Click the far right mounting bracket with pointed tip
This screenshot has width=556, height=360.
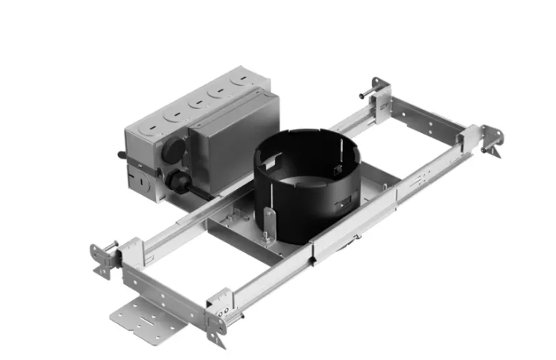click(x=492, y=142)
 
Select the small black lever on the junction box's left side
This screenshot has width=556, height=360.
click(x=120, y=157)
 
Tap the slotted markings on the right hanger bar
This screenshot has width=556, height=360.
click(x=422, y=176)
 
